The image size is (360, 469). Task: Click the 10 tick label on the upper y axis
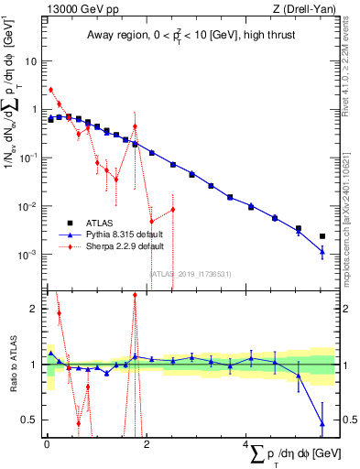pos(30,61)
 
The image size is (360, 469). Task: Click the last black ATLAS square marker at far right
pos(322,235)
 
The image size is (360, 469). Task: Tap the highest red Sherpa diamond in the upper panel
pos(50,90)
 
